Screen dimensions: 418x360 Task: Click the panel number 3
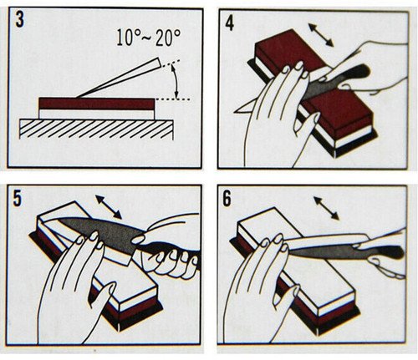tap(19, 20)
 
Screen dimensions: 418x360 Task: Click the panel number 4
tap(229, 23)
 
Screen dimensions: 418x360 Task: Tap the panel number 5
tap(18, 199)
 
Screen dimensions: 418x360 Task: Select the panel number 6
tap(227, 199)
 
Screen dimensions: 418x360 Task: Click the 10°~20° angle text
tap(149, 37)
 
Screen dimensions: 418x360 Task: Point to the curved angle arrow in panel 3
tap(175, 81)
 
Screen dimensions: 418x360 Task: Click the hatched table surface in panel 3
tap(96, 129)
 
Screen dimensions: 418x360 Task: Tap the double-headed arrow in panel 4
tap(321, 35)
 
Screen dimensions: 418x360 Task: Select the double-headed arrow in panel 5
tap(109, 207)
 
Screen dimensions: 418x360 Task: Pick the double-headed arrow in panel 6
tap(326, 208)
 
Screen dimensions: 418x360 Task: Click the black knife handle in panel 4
tap(354, 73)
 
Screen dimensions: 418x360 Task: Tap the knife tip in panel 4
tap(235, 111)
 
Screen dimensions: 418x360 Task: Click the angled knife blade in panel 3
tap(119, 78)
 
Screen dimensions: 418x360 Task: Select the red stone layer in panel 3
tap(96, 104)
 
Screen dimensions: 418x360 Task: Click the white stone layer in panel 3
tap(96, 114)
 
